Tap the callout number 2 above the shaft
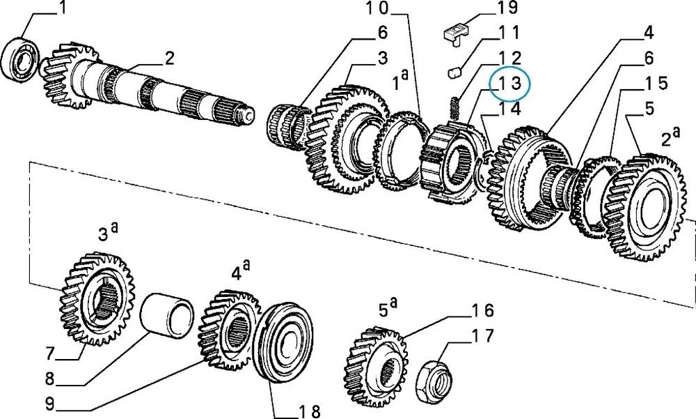[x=169, y=57]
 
